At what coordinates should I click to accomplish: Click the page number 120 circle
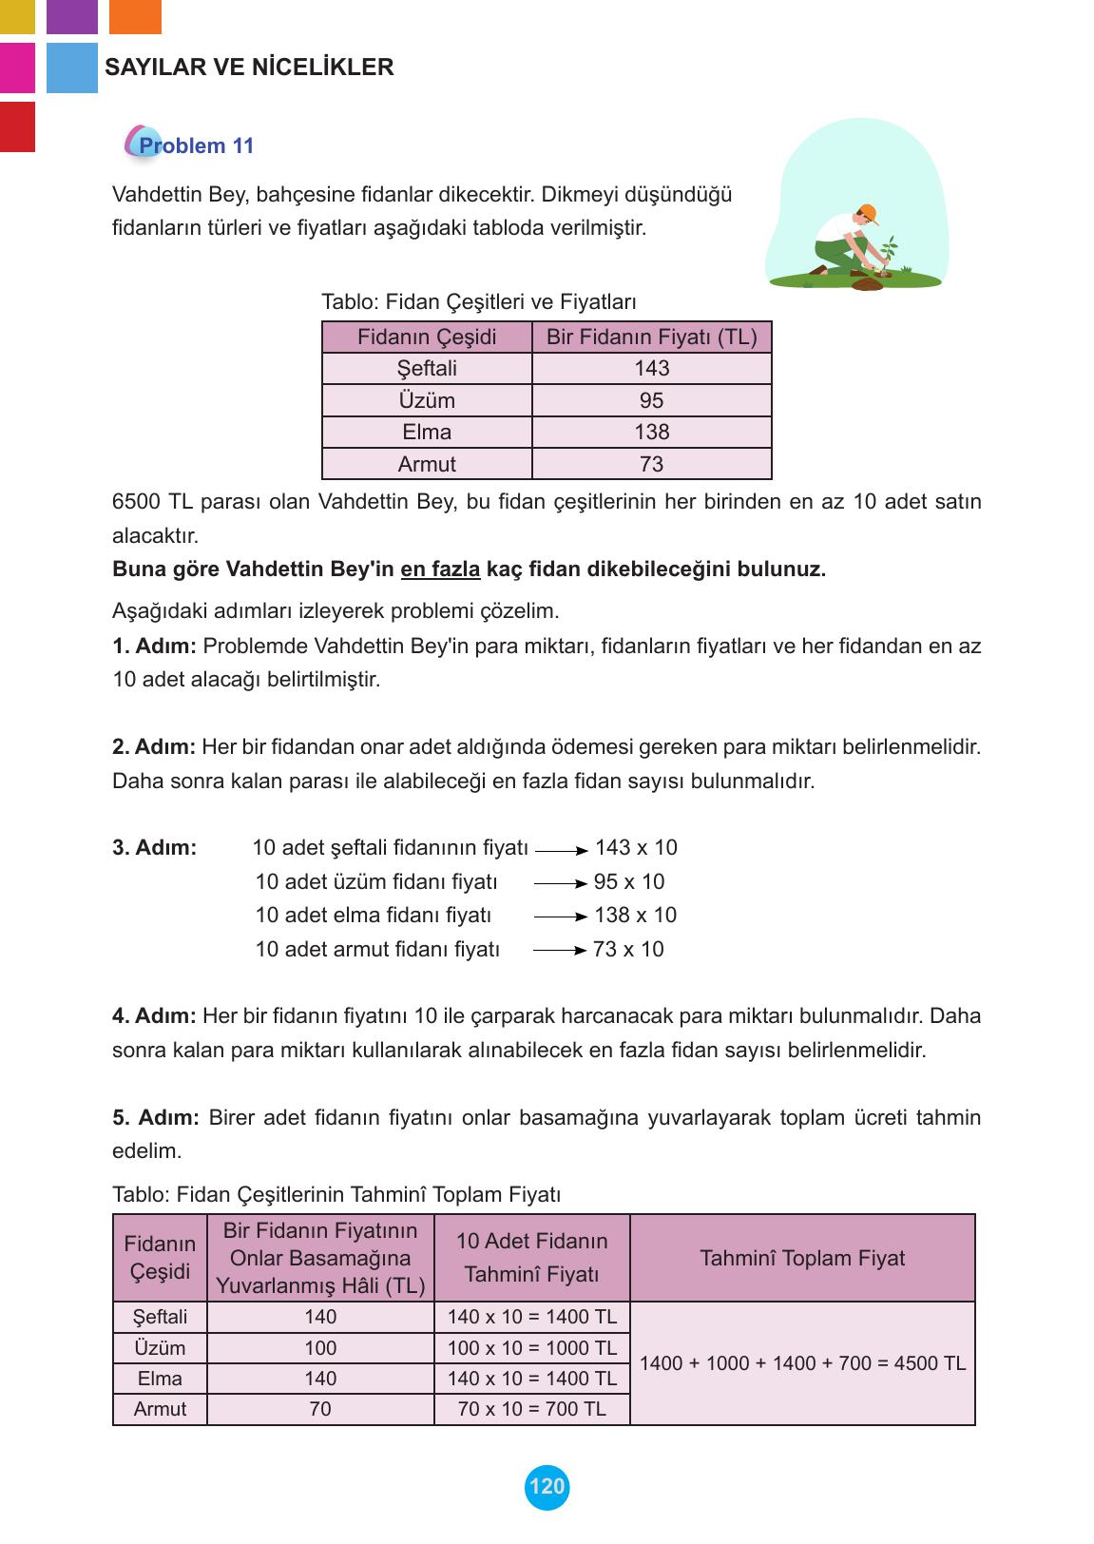[547, 1487]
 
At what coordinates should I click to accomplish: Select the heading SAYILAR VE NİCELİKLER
[249, 68]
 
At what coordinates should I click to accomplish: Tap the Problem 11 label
[196, 145]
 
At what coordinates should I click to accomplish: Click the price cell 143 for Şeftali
[651, 368]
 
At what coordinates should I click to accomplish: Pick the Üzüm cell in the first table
[427, 400]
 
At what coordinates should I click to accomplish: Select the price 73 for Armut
[651, 464]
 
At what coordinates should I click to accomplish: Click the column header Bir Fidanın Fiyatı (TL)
[651, 337]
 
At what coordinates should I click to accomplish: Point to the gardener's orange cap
[866, 211]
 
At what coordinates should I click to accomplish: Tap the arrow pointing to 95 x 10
[561, 883]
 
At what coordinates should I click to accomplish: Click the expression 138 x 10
[635, 916]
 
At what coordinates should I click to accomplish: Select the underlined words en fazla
[440, 569]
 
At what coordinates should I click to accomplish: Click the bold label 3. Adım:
[154, 848]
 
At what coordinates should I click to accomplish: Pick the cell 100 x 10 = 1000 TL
[531, 1348]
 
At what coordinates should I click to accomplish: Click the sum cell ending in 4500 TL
[802, 1363]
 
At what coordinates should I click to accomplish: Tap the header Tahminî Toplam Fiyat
[802, 1259]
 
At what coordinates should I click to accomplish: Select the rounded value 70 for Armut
[320, 1409]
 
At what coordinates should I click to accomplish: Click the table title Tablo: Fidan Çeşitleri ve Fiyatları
[479, 302]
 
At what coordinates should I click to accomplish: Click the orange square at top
[135, 16]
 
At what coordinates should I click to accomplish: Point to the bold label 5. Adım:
[156, 1118]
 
